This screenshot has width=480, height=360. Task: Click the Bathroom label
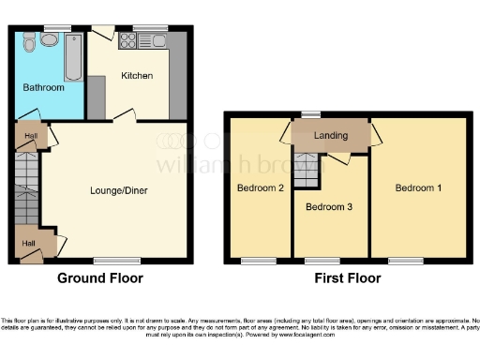click(43, 87)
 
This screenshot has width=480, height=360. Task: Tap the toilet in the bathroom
click(29, 43)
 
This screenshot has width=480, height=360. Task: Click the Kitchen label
click(137, 75)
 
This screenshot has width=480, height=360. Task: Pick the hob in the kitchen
click(126, 40)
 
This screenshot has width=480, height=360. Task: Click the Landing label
click(332, 135)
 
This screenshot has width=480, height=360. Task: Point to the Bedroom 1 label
click(418, 187)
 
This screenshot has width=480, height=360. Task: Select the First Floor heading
click(348, 278)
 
